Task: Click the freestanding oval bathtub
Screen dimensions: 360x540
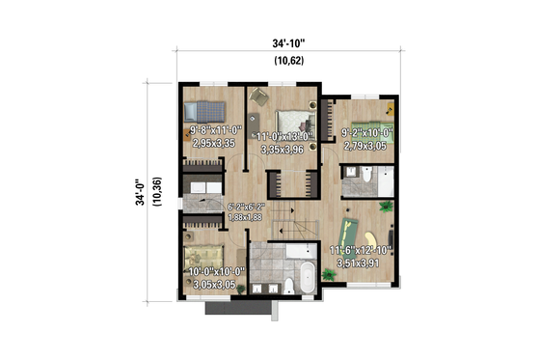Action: tap(305, 275)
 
